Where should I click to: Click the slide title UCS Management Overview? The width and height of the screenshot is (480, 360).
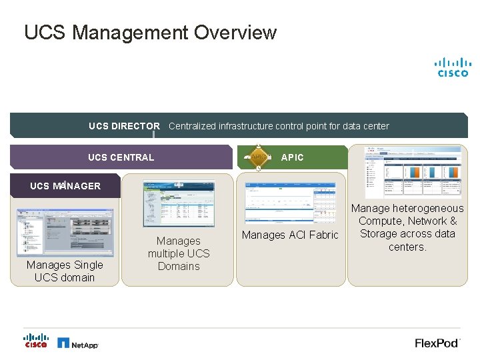pos(150,32)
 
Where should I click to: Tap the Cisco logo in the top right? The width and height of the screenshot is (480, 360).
pos(453,67)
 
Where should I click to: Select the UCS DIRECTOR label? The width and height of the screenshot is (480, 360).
pos(124,126)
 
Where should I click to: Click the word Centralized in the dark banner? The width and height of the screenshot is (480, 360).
pos(193,126)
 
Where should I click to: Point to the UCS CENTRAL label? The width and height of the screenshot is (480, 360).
pos(121,157)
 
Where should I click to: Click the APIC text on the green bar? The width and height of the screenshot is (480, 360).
pos(292,157)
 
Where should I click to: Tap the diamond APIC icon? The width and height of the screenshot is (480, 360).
pos(259,157)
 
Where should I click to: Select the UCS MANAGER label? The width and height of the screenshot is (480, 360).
pos(65,186)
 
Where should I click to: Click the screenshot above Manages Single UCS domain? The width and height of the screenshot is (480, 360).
pos(65,232)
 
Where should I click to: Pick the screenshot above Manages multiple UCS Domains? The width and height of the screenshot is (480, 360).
pos(179,204)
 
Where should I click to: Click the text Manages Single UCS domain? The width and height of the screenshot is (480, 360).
pos(65,271)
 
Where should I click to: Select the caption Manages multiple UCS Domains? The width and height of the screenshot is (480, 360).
pos(179,253)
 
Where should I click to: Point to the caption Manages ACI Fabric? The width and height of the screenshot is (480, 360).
pos(290,235)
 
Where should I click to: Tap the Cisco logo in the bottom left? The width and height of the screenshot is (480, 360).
pos(36,340)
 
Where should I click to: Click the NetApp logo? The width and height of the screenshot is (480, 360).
pos(77,343)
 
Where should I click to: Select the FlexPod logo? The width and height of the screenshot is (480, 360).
pos(437,343)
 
